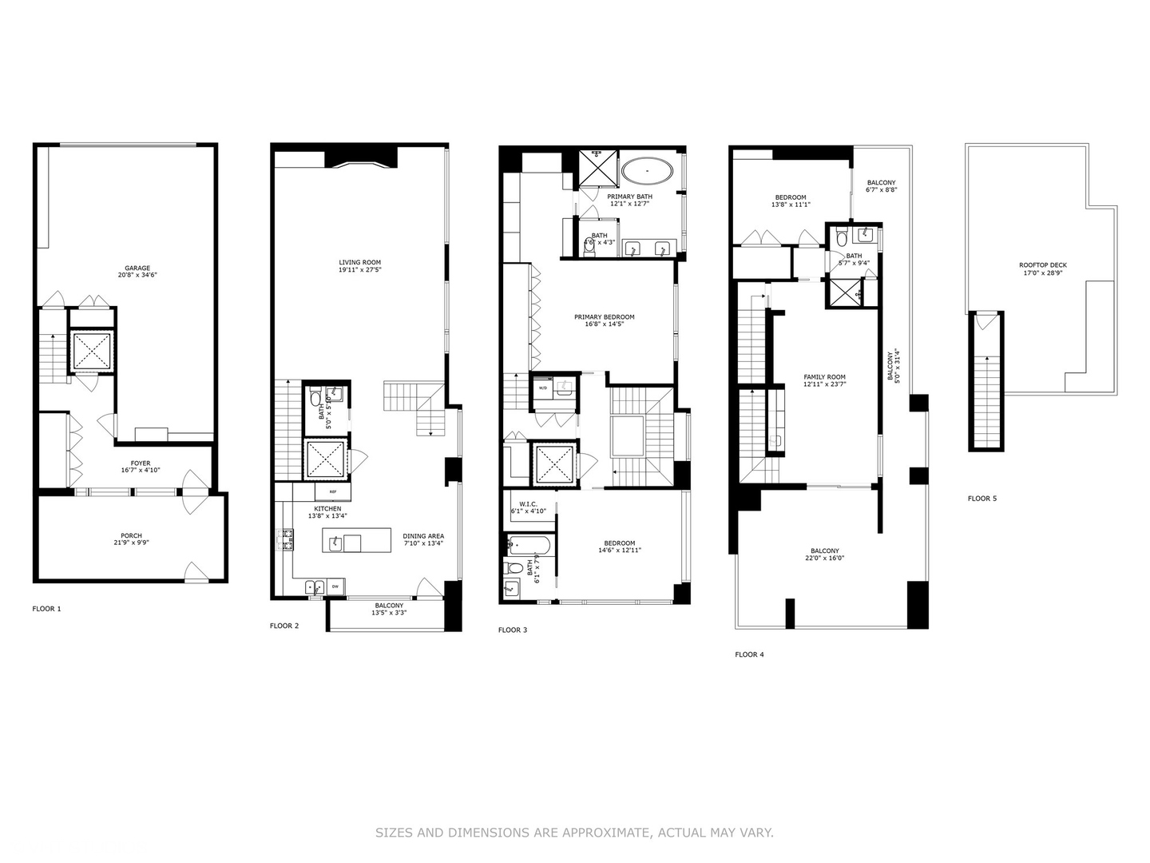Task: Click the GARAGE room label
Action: (x=137, y=268)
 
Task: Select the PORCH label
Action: (x=131, y=536)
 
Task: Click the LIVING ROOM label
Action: (x=359, y=262)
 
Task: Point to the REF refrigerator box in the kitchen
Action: (x=332, y=493)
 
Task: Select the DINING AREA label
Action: (x=423, y=536)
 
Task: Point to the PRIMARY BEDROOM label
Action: (x=604, y=317)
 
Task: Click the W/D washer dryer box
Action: (x=543, y=388)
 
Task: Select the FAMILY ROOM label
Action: (x=824, y=377)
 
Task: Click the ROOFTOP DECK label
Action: (x=1042, y=265)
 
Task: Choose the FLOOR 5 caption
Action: (x=982, y=499)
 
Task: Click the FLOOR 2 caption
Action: (x=284, y=626)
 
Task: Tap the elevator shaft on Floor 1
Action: (x=92, y=350)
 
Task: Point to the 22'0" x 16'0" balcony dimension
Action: (x=825, y=559)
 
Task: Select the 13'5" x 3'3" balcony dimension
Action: (x=389, y=613)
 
